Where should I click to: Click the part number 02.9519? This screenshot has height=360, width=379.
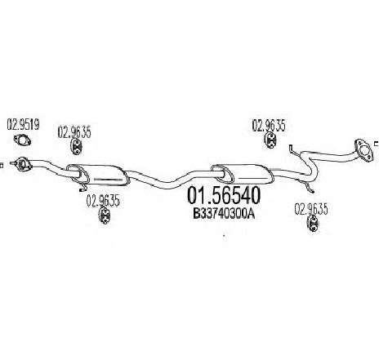coord(23,125)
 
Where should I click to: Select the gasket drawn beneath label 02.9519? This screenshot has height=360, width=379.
coord(22,140)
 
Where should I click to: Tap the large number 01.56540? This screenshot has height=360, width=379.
coord(224,196)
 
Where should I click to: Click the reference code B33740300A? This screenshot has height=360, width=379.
coord(224,214)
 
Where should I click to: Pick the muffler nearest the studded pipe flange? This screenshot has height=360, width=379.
coord(97,176)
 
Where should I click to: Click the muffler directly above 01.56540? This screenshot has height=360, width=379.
coord(243,174)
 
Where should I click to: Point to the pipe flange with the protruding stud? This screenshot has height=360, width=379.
coord(21,164)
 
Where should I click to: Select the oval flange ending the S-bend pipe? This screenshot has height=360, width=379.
coord(363,151)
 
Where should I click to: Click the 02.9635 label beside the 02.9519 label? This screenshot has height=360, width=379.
coord(74,132)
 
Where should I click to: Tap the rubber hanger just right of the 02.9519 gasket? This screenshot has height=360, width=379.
coord(76,147)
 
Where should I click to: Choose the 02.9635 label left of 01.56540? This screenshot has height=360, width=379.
coord(103,201)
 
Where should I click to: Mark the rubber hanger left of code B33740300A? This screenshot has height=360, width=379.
coord(104,216)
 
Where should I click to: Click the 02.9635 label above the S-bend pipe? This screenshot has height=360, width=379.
coord(269,126)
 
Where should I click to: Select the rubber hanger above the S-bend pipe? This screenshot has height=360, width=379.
coord(270,140)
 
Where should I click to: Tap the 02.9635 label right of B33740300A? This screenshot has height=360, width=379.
coord(311,210)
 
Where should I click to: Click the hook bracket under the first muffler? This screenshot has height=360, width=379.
coord(83,188)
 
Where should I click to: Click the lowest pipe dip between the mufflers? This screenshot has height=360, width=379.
coord(169,185)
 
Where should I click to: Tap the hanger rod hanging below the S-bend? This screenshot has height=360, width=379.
coord(310,189)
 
